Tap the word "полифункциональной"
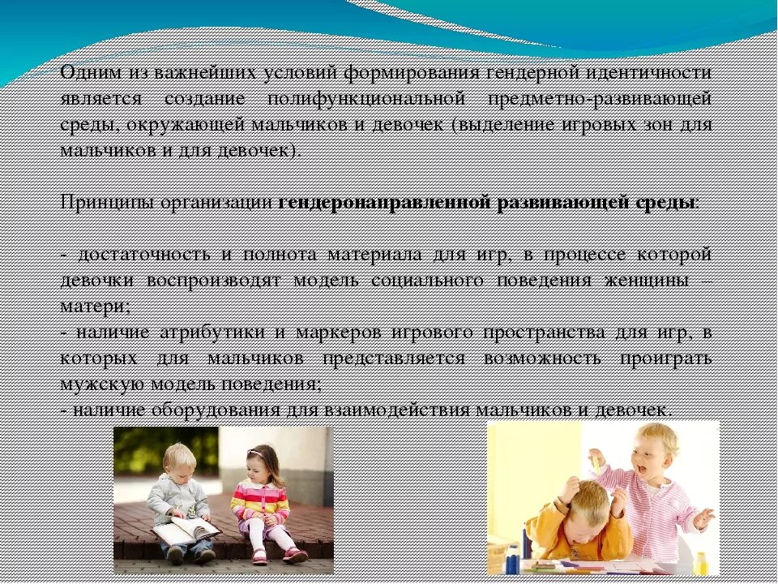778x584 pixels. (366, 99)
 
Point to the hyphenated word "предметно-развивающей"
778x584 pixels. (601, 99)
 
